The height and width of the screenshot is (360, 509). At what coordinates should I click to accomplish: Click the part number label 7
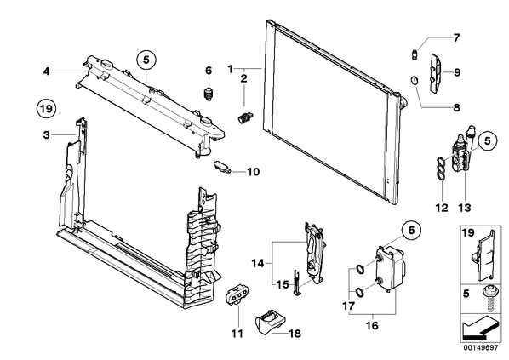tap(456, 38)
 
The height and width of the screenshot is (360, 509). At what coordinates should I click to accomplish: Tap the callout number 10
tap(253, 172)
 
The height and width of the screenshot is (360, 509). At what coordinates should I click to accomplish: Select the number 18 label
tap(295, 333)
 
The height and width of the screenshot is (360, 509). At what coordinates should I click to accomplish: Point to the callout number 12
tap(442, 207)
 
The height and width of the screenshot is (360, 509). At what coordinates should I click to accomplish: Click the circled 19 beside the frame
tap(46, 108)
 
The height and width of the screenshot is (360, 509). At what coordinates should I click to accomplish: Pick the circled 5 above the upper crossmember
tap(146, 60)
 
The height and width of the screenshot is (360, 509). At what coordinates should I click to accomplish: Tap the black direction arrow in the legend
tap(479, 328)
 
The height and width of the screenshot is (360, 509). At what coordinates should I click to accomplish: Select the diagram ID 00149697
tap(480, 348)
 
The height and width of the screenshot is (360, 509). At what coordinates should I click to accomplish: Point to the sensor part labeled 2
tap(245, 117)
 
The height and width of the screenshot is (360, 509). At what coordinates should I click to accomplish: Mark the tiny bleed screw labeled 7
tap(415, 54)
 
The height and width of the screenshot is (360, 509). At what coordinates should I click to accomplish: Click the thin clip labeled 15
tap(297, 283)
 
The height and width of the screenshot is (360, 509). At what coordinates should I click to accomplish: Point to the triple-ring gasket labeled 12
tap(440, 168)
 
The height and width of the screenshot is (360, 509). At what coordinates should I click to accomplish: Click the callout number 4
tap(47, 71)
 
